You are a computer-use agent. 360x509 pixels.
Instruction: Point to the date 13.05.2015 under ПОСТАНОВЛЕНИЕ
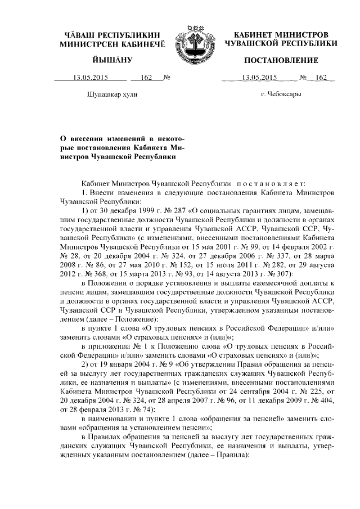[256, 78]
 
